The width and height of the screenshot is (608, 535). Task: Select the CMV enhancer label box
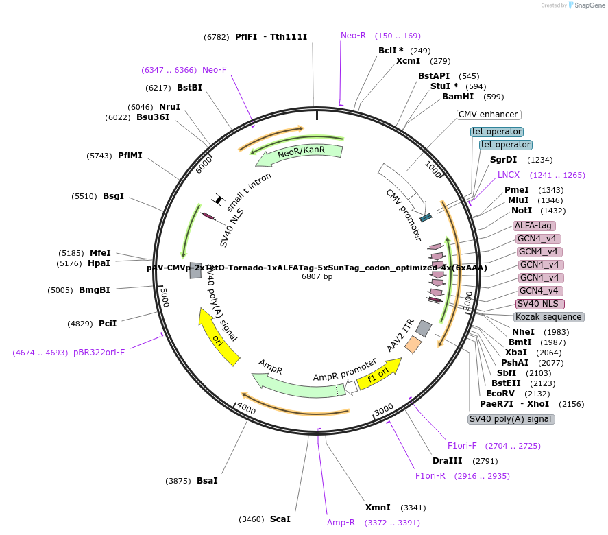click(x=489, y=115)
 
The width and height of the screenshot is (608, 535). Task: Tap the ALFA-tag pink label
click(x=534, y=225)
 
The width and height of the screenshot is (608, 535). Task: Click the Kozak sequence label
click(x=548, y=317)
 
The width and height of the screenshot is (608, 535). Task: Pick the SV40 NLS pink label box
click(x=540, y=304)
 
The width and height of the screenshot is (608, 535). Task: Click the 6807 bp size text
click(x=317, y=277)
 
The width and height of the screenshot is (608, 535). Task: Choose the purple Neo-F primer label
click(x=214, y=70)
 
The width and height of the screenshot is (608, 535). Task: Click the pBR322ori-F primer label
click(x=99, y=353)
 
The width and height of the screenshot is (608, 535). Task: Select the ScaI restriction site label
click(x=280, y=519)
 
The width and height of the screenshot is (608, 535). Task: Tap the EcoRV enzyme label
click(x=500, y=394)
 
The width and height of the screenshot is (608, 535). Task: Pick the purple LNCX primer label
click(x=509, y=175)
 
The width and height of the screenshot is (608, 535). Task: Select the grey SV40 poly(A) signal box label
click(x=511, y=419)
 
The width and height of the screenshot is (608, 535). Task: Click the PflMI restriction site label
click(x=130, y=156)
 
